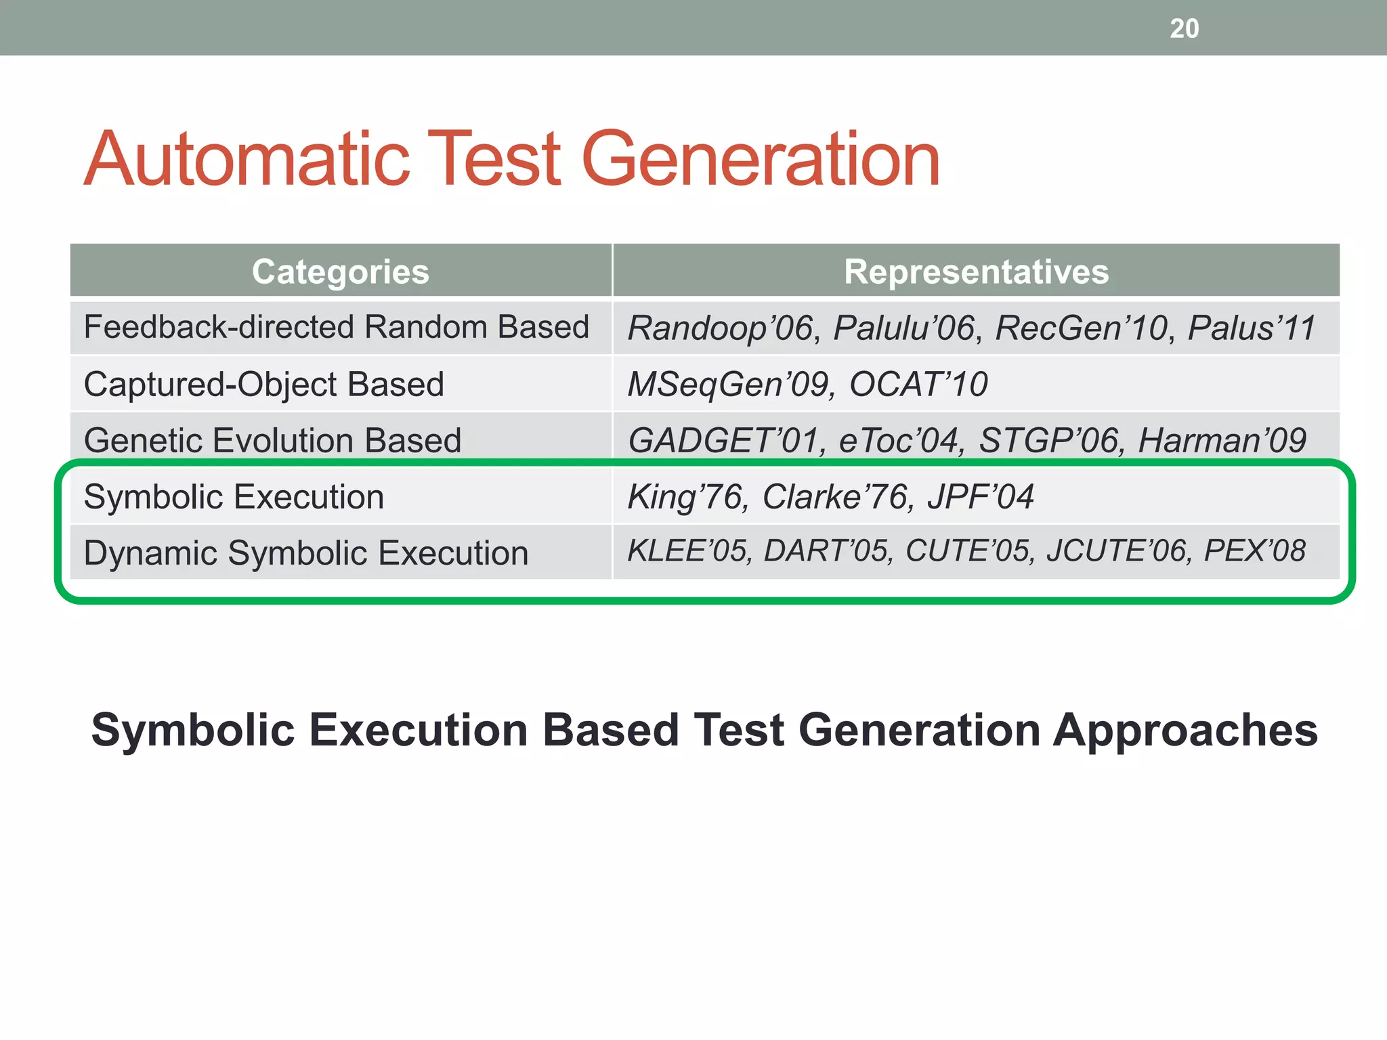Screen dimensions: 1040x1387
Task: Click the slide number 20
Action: pos(1184,28)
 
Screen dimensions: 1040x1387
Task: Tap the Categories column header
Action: pos(340,272)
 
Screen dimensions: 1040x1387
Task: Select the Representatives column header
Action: pos(976,272)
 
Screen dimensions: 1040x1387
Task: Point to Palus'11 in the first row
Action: pos(1251,328)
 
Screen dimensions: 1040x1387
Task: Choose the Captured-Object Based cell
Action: pos(264,385)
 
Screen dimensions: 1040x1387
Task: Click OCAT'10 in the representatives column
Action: pos(918,385)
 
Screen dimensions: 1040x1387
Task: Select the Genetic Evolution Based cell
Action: pos(272,441)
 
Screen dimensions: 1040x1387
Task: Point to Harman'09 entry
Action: pos(1222,441)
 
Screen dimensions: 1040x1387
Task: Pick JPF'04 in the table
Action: pos(980,497)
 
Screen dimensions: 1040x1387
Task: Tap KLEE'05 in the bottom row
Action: pos(688,551)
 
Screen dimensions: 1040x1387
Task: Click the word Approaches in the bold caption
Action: pos(1185,731)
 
